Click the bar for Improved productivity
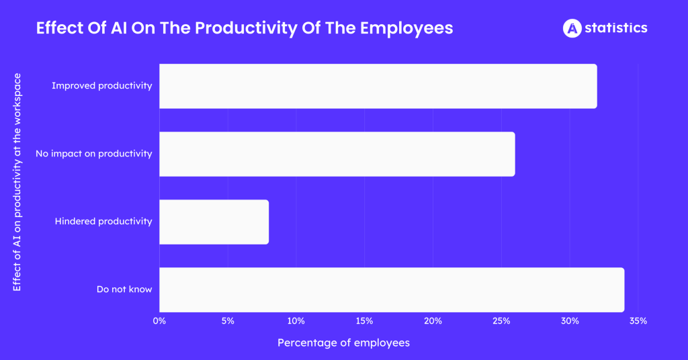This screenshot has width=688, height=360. coord(378,86)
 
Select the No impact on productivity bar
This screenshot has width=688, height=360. coord(337,154)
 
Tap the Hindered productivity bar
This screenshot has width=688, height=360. coord(214,222)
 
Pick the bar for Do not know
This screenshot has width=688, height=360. coord(392,289)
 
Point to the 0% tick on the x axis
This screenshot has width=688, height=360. coord(159,321)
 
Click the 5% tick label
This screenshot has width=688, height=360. coord(228,321)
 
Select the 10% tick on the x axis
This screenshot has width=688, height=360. coord(296,321)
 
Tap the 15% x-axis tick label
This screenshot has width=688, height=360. coord(364,321)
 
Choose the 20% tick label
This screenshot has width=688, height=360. coord(433,321)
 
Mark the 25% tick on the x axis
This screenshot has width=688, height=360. coord(501,321)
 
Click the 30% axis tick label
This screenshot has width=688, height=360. coord(570,321)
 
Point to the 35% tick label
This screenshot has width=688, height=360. coord(638,321)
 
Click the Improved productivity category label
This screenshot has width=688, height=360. coord(101,86)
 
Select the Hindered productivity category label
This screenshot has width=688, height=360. coord(103,222)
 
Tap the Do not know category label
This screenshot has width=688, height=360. coord(124,289)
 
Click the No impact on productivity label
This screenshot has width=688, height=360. coord(93,154)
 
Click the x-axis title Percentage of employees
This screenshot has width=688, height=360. coord(343,343)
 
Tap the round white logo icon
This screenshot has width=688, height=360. coord(572,28)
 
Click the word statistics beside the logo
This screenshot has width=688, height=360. coord(616,28)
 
